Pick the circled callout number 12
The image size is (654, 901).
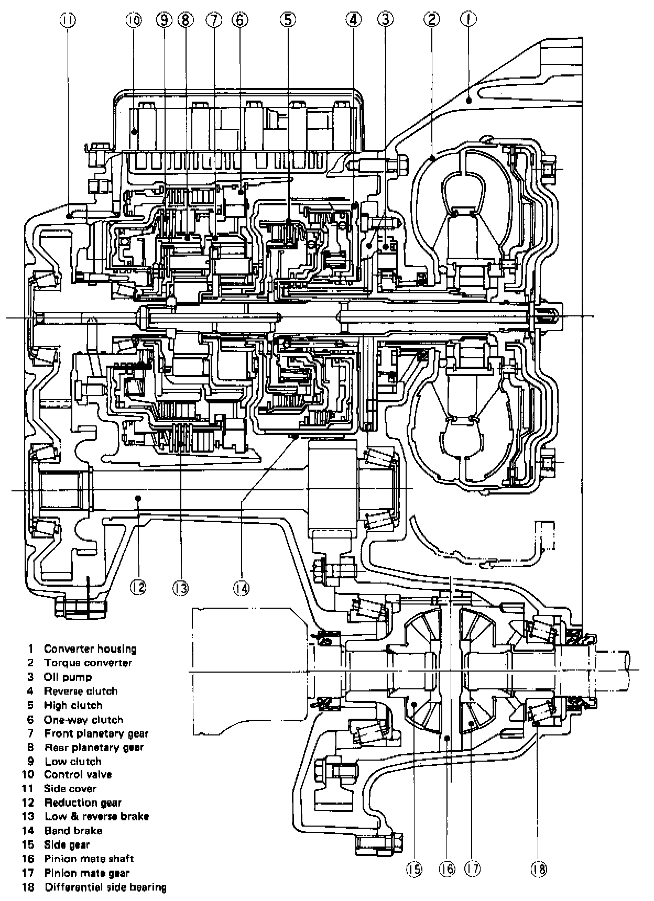click(x=138, y=587)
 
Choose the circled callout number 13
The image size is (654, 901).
click(x=180, y=588)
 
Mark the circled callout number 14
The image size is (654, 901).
click(x=242, y=588)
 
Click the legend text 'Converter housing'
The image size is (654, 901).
click(x=90, y=649)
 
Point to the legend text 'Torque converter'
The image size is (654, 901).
click(x=88, y=663)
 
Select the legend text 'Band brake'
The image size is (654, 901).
click(x=73, y=830)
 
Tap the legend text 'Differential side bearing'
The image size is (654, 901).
click(x=105, y=887)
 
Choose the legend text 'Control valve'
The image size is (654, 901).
click(x=78, y=775)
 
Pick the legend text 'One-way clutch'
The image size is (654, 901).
click(x=84, y=720)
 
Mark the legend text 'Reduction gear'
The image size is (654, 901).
click(x=83, y=803)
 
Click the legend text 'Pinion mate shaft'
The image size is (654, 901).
click(x=89, y=859)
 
